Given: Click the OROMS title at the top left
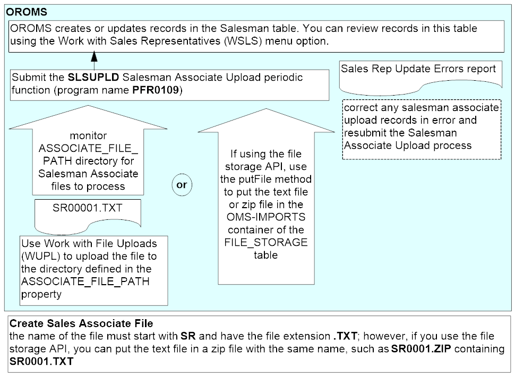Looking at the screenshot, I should pos(27,11).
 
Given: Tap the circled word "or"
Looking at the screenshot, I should pos(182,185).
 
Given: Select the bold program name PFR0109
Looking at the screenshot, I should pos(156,90).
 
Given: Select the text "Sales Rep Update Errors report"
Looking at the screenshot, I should pos(418,69).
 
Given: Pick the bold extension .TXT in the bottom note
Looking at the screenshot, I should pos(344,337).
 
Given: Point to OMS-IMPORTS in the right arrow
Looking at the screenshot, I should pos(257,217).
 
